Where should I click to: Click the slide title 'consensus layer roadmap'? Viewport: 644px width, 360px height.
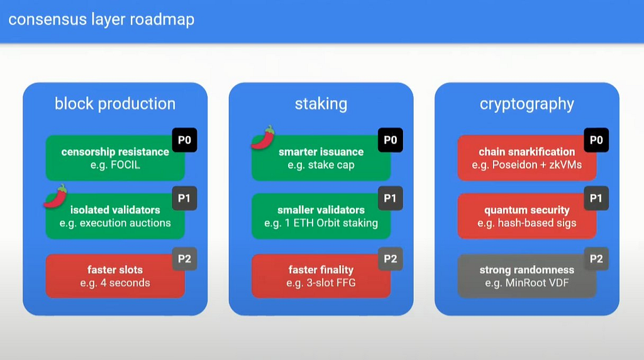click(101, 20)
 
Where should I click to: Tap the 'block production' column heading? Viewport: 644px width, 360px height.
click(115, 104)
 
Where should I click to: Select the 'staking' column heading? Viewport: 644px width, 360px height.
click(321, 104)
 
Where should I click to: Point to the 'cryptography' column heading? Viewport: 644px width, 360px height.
click(527, 104)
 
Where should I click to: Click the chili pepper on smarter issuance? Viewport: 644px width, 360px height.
click(264, 138)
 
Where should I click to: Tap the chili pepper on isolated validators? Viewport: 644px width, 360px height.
click(55, 196)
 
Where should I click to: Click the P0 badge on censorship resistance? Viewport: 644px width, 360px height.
click(184, 140)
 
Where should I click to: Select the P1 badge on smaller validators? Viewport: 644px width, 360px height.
click(390, 198)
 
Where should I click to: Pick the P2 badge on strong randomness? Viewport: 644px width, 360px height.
click(596, 259)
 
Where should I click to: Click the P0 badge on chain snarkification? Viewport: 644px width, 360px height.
click(596, 140)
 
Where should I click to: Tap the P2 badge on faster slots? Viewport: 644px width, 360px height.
click(184, 259)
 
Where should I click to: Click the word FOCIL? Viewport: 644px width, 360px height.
click(125, 165)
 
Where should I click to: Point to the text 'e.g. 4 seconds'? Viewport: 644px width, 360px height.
click(115, 283)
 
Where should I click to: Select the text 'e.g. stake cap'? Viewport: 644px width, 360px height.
click(321, 165)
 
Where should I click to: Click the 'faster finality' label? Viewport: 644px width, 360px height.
click(321, 270)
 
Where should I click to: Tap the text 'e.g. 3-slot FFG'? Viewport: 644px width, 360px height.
click(321, 283)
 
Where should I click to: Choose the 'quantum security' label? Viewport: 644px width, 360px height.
click(527, 210)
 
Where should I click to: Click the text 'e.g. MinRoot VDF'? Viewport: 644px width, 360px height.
click(527, 283)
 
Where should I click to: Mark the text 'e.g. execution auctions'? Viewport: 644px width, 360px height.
click(115, 223)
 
